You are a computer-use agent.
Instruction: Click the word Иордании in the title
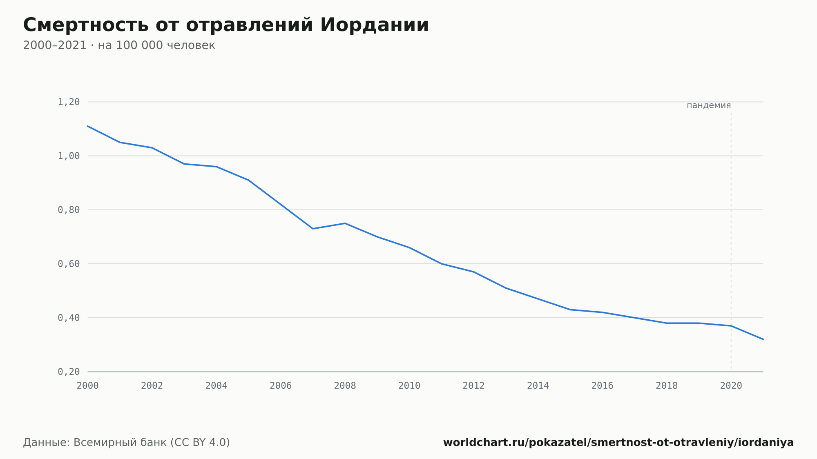pyautogui.click(x=374, y=25)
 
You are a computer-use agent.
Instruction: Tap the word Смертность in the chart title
pyautogui.click(x=86, y=25)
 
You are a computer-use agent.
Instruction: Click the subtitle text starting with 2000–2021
pyautogui.click(x=119, y=45)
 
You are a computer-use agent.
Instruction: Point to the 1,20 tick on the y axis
pyautogui.click(x=69, y=102)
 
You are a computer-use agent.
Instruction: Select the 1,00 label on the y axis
pyautogui.click(x=69, y=156)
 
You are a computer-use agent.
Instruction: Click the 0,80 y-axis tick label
pyautogui.click(x=69, y=210)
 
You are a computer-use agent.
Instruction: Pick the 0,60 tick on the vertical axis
pyautogui.click(x=69, y=264)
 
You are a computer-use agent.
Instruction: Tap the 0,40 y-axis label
pyautogui.click(x=69, y=318)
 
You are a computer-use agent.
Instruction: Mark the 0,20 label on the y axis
pyautogui.click(x=69, y=372)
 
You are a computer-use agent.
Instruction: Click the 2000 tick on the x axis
pyautogui.click(x=88, y=386)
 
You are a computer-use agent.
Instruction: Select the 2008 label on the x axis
pyautogui.click(x=345, y=386)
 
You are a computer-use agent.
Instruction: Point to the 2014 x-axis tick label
pyautogui.click(x=538, y=386)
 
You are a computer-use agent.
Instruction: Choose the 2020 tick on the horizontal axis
pyautogui.click(x=731, y=386)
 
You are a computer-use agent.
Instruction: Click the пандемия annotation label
pyautogui.click(x=709, y=106)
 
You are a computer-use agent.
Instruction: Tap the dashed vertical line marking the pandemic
pyautogui.click(x=731, y=241)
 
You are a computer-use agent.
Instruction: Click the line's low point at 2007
pyautogui.click(x=313, y=229)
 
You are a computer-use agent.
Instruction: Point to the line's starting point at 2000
pyautogui.click(x=88, y=126)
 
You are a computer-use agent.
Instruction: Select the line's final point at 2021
pyautogui.click(x=763, y=339)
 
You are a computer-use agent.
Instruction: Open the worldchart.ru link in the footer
pyautogui.click(x=618, y=443)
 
